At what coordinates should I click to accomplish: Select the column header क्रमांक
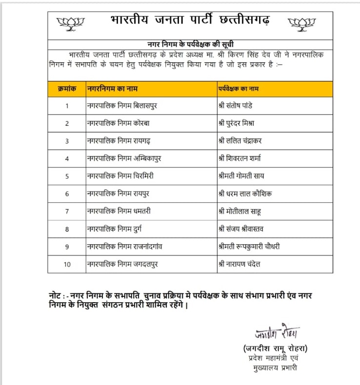(67, 89)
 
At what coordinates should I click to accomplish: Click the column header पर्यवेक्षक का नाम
(239, 89)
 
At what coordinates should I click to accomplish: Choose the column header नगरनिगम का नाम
(110, 89)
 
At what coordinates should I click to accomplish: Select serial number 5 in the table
(67, 176)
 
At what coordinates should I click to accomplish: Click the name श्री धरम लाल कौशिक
(245, 193)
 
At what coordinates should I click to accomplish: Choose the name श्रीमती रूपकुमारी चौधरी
(249, 247)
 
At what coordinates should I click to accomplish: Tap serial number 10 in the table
(67, 264)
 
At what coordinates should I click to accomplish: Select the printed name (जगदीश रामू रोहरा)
(276, 348)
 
